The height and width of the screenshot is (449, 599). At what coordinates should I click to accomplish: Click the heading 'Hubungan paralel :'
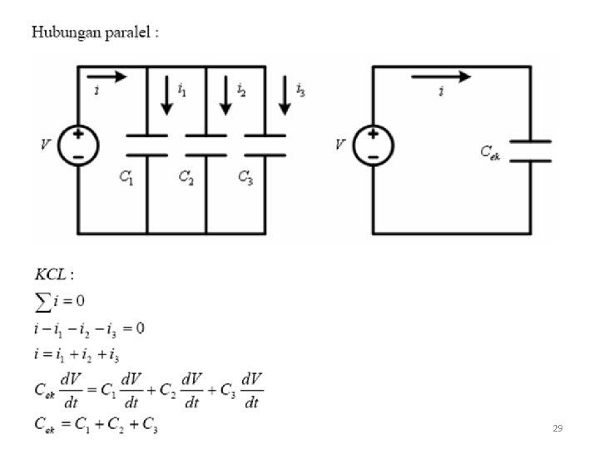(x=95, y=33)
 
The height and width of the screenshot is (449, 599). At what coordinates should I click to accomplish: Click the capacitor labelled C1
(x=146, y=145)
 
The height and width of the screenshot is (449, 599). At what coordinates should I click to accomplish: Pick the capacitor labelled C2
(x=205, y=145)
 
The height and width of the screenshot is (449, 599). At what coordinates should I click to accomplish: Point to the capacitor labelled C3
(x=265, y=145)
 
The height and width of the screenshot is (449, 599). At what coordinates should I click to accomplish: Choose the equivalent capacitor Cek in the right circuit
(x=530, y=150)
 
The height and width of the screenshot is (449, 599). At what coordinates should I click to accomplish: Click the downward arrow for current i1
(x=167, y=95)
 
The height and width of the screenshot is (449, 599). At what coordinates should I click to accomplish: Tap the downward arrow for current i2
(x=225, y=95)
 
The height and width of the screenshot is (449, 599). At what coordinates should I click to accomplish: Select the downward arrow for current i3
(x=285, y=95)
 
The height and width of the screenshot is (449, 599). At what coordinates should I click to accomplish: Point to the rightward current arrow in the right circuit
(x=441, y=77)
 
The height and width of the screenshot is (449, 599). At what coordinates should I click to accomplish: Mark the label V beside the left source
(x=47, y=145)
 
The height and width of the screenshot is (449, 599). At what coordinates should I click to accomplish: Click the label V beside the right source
(x=339, y=145)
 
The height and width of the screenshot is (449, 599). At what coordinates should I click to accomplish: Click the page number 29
(x=557, y=428)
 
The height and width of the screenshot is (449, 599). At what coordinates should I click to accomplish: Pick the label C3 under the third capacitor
(x=245, y=177)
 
